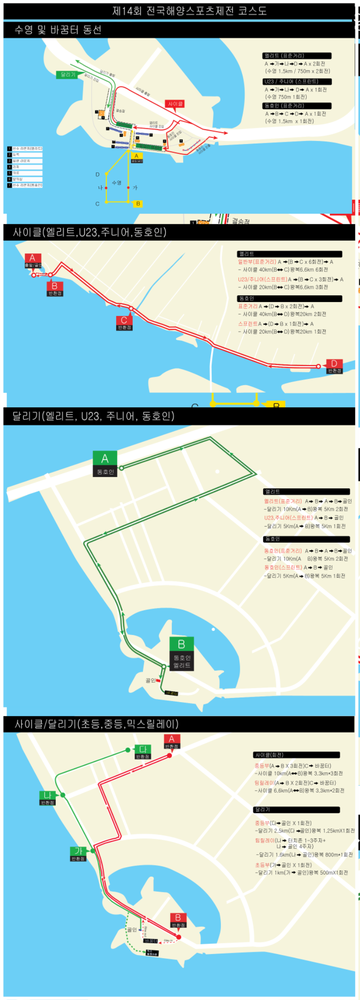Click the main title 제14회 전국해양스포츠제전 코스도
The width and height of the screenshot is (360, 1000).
[x=189, y=11]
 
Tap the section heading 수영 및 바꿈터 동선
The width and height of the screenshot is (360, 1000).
[x=58, y=30]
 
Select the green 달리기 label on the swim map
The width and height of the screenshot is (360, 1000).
[x=68, y=74]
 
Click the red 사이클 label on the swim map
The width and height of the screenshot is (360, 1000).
[x=175, y=104]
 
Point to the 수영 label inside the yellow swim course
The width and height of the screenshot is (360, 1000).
[x=117, y=183]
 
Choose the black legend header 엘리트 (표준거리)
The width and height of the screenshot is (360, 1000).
[x=297, y=56]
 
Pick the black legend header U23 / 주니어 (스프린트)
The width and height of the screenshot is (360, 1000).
[x=297, y=81]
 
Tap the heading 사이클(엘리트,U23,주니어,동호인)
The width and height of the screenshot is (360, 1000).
[x=90, y=232]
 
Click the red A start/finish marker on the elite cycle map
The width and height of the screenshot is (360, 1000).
[x=32, y=260]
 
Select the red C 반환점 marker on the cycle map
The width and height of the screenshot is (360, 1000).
[x=124, y=323]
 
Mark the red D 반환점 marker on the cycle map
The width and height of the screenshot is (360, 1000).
[x=334, y=366]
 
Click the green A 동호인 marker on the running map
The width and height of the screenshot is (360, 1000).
[x=105, y=464]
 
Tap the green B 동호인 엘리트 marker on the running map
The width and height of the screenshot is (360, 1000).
[x=182, y=654]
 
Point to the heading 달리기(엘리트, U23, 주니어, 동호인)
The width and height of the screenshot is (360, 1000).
[x=93, y=416]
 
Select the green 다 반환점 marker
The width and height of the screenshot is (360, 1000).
[x=143, y=752]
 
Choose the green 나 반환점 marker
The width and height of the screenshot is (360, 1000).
[x=47, y=798]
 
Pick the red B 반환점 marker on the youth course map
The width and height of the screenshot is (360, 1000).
[x=178, y=920]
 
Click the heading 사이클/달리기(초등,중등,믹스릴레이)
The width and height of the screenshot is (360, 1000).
[x=97, y=724]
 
